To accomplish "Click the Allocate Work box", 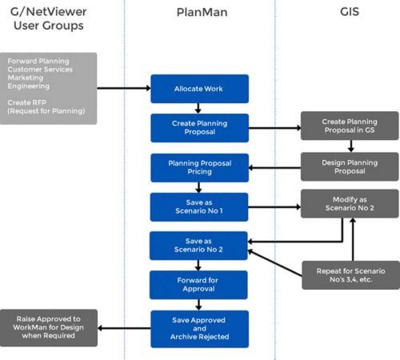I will (200, 88).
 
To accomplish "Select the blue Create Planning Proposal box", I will (200, 128).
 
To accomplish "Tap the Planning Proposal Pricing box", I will (200, 167).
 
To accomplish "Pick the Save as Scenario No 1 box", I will (200, 206).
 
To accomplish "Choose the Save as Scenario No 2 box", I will (200, 246).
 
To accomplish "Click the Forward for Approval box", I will (200, 284).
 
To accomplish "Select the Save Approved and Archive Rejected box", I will (200, 328).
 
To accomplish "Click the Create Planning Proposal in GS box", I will (350, 126).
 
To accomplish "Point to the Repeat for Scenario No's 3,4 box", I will (350, 274).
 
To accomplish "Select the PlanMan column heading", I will (200, 14).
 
